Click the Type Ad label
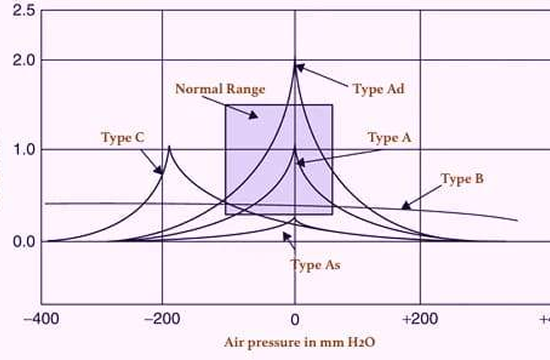[379, 89]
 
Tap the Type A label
[389, 137]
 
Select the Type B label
[462, 180]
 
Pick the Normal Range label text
[220, 89]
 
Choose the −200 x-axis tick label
[163, 319]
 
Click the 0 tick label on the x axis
[295, 319]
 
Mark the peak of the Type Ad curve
[295, 64]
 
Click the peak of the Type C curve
[169, 148]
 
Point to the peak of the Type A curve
[295, 152]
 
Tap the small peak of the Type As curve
[295, 218]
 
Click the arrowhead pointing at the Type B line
[404, 206]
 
